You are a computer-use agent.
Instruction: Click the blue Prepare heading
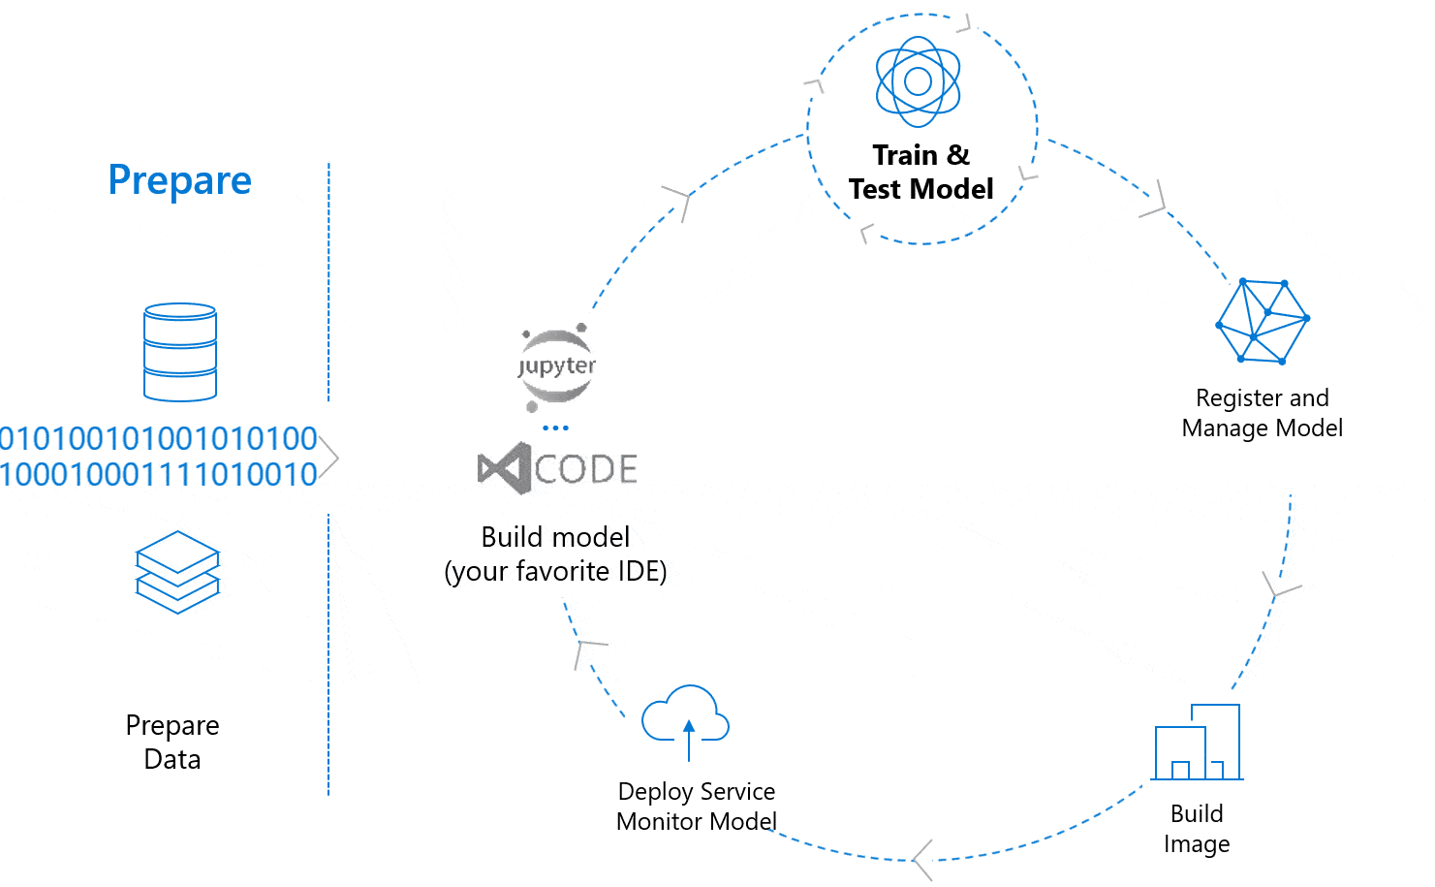tap(179, 180)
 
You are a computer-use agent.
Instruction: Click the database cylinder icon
tap(180, 352)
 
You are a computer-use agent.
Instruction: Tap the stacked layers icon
tap(178, 572)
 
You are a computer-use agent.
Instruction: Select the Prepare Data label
tap(172, 742)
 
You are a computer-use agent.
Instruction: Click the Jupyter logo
tap(556, 366)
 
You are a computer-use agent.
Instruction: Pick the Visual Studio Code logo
tap(557, 469)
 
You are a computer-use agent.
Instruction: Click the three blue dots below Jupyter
tap(555, 428)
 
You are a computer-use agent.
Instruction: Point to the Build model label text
tap(555, 554)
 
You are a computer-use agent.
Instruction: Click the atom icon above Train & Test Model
tap(918, 81)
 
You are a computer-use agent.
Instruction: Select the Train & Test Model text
tap(920, 172)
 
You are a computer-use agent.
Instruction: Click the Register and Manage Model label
tap(1262, 413)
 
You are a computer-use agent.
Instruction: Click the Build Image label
tap(1197, 828)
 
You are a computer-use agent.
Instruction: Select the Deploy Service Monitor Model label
tap(696, 807)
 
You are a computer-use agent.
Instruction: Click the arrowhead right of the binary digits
tap(329, 457)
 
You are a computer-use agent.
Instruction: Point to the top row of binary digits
tap(159, 438)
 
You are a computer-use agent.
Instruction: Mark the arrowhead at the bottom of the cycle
tap(923, 859)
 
